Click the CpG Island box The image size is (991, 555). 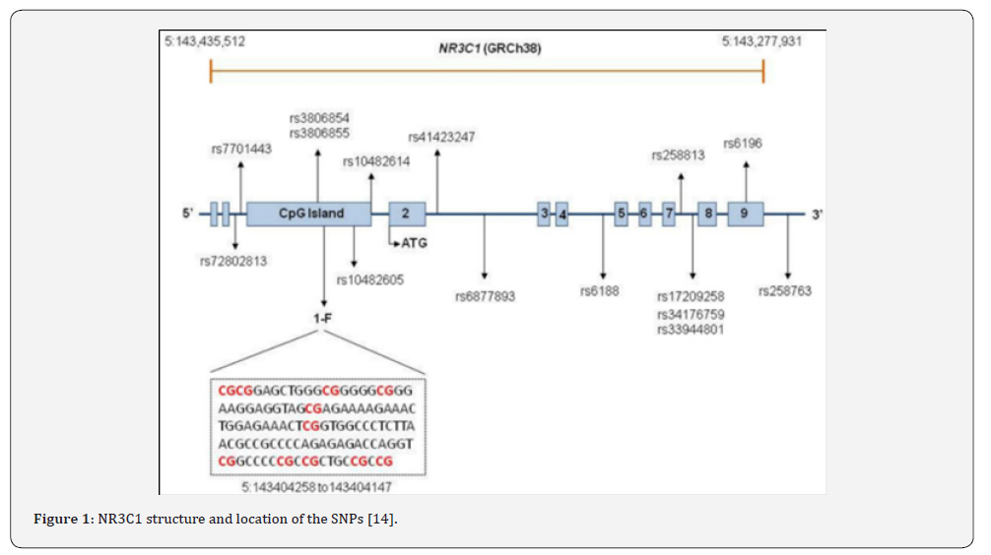[308, 215]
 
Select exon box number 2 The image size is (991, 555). [407, 215]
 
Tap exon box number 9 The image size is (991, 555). [745, 215]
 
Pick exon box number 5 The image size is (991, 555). [622, 215]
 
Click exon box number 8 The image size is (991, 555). [707, 215]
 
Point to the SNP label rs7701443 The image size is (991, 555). [241, 149]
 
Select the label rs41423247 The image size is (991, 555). [441, 137]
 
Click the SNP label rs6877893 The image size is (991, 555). [486, 296]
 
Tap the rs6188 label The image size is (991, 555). [599, 291]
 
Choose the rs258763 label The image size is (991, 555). [785, 291]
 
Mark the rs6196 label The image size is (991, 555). [743, 144]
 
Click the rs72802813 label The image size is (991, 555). [233, 262]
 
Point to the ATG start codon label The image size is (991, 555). [414, 243]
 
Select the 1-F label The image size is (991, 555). [322, 319]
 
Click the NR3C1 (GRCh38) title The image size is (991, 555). [490, 48]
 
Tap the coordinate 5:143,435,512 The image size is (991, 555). [205, 41]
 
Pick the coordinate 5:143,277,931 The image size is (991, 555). [761, 41]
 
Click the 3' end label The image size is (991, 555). [818, 215]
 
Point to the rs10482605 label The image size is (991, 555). [369, 279]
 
